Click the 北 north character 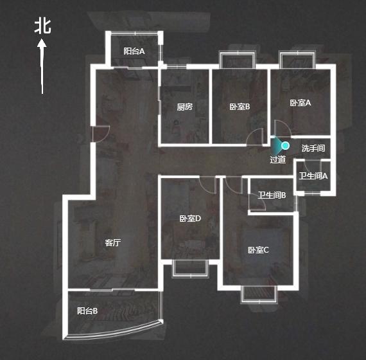(43, 26)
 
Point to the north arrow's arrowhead (42, 44)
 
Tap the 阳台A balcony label (134, 51)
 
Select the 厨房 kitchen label (185, 107)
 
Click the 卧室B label (240, 107)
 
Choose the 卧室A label (300, 103)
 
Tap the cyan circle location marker (285, 146)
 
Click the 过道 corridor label (278, 159)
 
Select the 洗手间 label (313, 148)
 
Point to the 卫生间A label (313, 175)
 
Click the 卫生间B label (272, 195)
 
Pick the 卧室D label (190, 219)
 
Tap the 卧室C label (258, 250)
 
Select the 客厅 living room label (113, 242)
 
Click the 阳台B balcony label (87, 310)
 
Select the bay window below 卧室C (259, 294)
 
